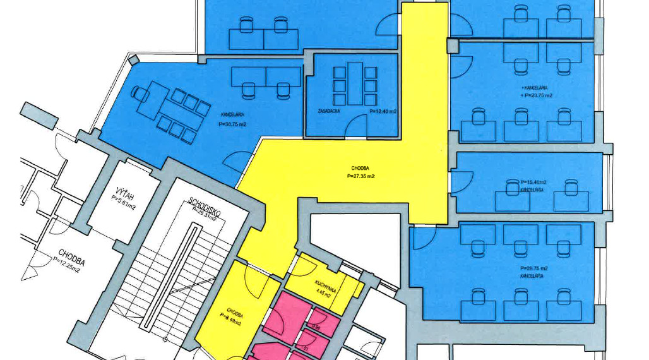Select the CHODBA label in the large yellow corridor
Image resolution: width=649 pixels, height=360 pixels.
360,169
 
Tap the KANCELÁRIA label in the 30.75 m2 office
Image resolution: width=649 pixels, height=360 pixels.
232,115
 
